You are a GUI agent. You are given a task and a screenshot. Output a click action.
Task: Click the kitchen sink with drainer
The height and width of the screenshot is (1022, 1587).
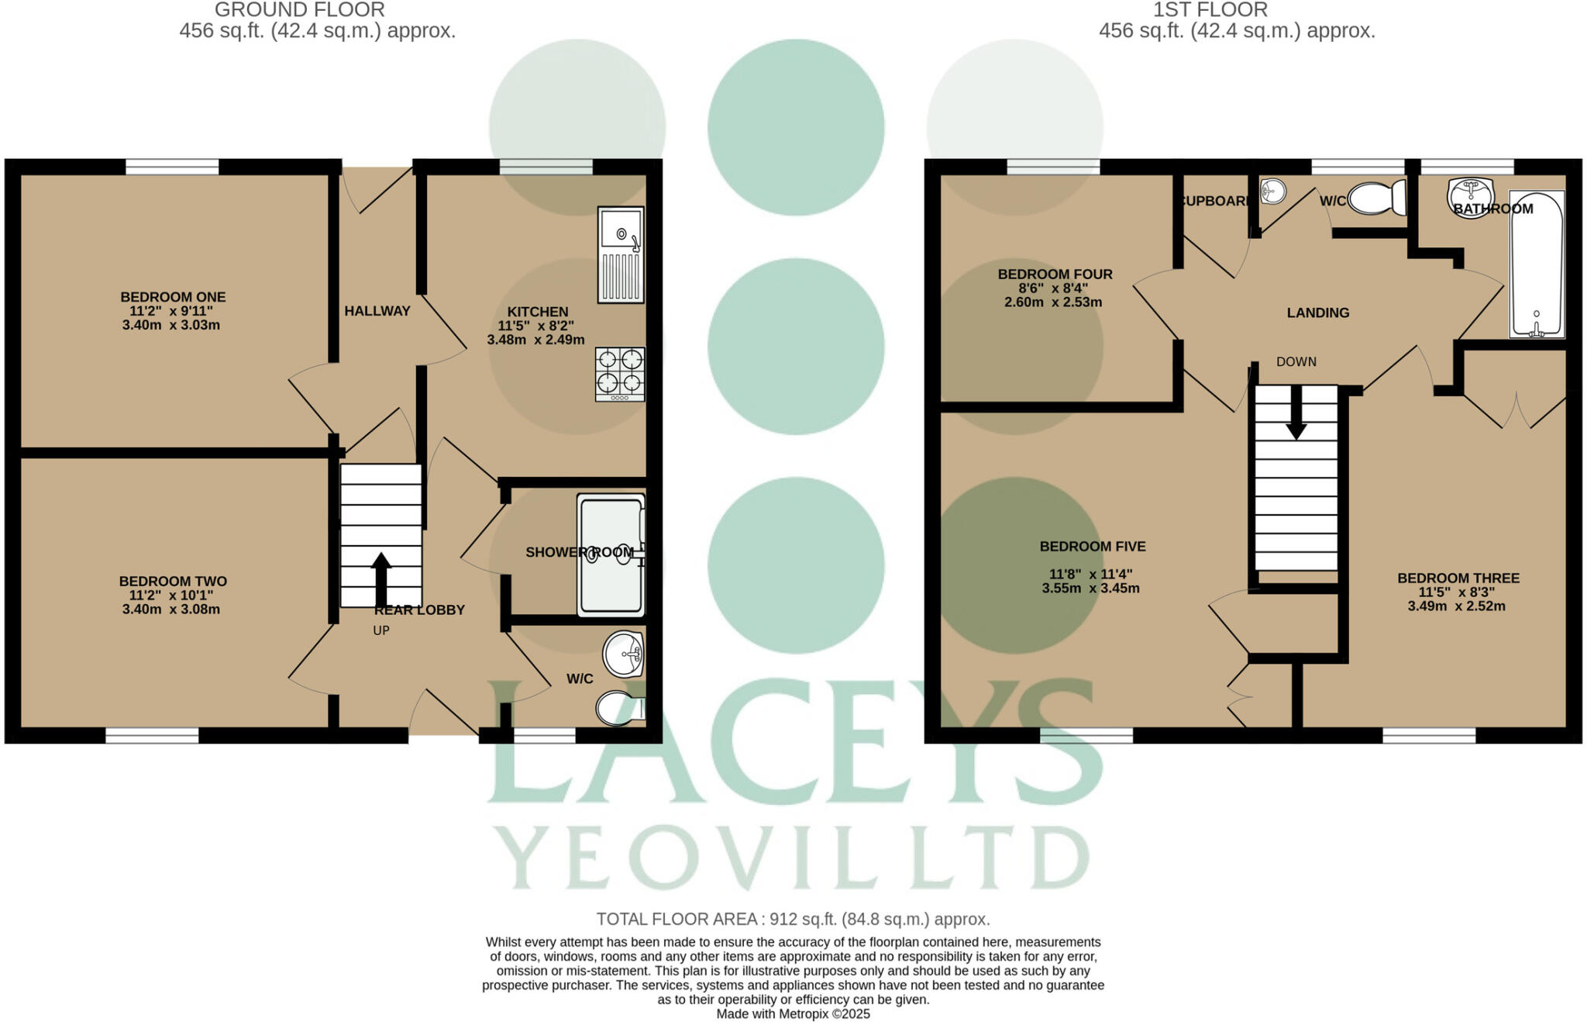tap(621, 254)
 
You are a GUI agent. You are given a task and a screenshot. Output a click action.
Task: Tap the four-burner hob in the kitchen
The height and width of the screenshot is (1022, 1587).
tap(620, 375)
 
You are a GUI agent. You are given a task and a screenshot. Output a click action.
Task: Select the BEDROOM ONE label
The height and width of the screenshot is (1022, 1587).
tap(173, 297)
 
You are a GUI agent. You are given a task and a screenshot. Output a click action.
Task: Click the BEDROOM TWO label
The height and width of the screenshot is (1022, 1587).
tap(173, 582)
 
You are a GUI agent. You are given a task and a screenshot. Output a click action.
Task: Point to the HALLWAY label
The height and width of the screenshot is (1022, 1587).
tap(377, 311)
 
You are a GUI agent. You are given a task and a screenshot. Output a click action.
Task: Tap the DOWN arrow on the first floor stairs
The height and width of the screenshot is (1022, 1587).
tap(1296, 412)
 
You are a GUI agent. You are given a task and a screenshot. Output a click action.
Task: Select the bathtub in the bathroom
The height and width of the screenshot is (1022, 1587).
tap(1537, 264)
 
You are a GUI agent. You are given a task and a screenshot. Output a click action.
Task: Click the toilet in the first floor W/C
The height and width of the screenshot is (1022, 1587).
tap(1377, 199)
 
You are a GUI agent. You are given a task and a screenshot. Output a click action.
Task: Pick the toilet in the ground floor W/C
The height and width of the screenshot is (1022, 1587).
tap(620, 708)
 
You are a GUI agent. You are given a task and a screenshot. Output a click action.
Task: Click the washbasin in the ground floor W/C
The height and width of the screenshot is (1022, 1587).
tap(624, 654)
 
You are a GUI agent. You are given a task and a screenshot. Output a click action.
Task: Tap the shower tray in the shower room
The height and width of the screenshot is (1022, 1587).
tap(611, 555)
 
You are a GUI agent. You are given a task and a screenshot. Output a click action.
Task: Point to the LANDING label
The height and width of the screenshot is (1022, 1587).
tap(1318, 313)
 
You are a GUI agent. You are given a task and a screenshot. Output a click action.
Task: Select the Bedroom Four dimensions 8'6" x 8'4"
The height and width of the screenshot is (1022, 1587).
tap(1055, 288)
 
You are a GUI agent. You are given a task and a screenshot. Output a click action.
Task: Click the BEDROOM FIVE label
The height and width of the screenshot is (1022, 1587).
tap(1093, 547)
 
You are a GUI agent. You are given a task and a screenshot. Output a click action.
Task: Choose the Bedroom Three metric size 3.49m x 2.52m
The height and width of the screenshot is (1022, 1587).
tap(1457, 606)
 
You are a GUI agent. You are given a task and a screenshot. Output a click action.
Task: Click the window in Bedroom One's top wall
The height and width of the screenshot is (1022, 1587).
tap(172, 167)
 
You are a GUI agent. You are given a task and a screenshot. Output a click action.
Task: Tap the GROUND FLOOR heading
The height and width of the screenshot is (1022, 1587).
tap(300, 10)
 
